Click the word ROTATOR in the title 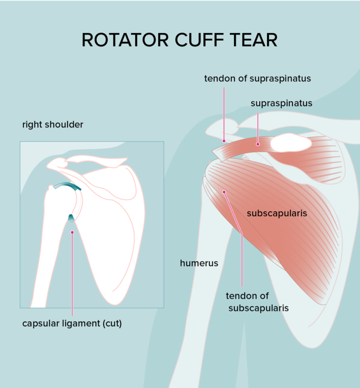click(125, 40)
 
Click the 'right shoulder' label click(53, 124)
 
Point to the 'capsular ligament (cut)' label click(72, 324)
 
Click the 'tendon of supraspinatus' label click(258, 78)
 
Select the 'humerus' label click(199, 263)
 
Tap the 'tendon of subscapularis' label click(257, 302)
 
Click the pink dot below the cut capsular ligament click(72, 232)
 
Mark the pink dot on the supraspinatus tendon click(224, 141)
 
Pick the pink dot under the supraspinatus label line click(258, 144)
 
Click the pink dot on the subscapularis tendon click(224, 192)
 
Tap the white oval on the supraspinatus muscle click(291, 143)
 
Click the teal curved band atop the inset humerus click(68, 185)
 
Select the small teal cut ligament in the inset click(71, 218)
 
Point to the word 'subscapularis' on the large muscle click(277, 213)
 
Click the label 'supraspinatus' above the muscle click(281, 103)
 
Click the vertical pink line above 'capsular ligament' click(72, 274)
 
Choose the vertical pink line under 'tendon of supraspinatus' click(224, 114)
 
